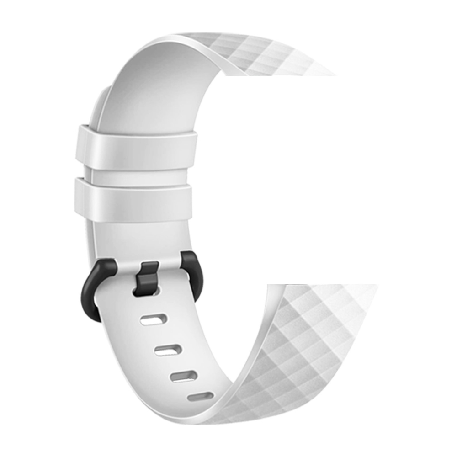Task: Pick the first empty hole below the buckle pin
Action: point(154,319)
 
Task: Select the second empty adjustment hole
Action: point(168,350)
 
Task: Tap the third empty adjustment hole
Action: point(184,376)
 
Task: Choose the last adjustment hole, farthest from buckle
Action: point(200,396)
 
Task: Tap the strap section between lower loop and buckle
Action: point(137,240)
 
